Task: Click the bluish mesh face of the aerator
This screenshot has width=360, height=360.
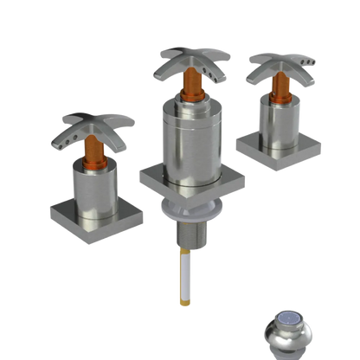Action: (x=295, y=326)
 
